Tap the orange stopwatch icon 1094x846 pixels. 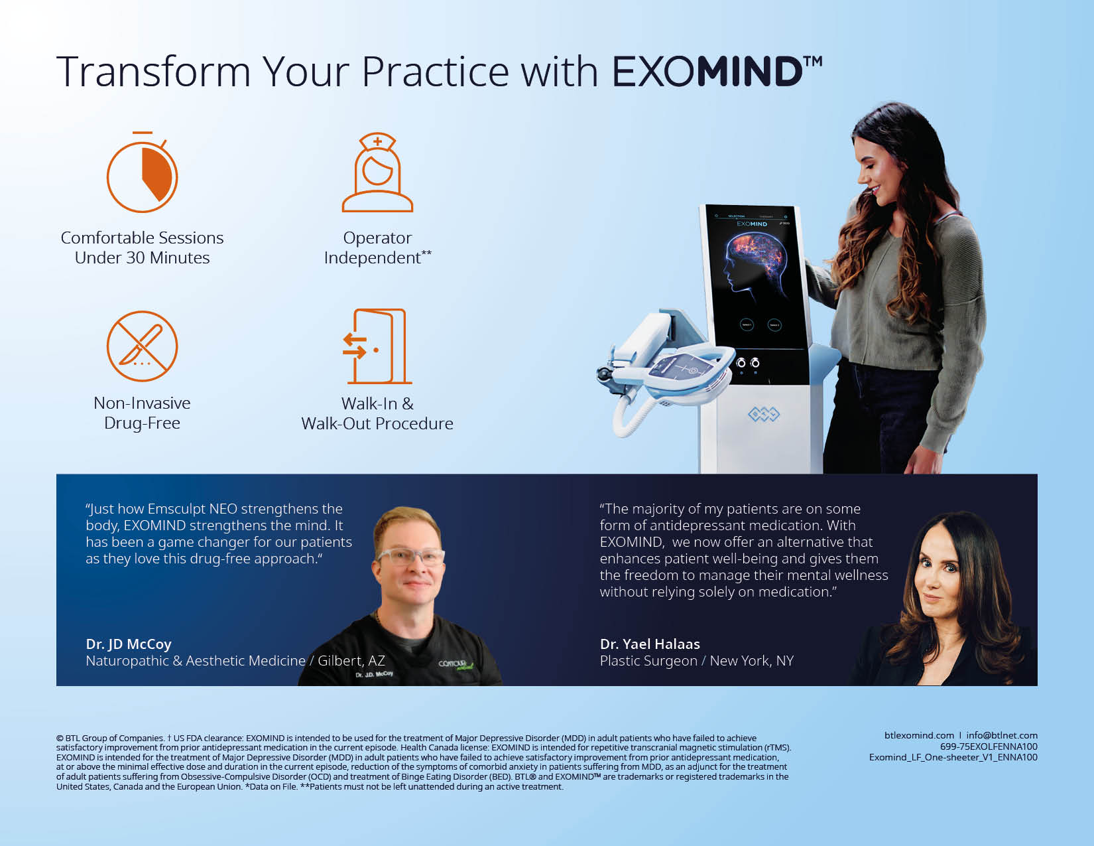(142, 173)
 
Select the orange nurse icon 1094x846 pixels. (377, 173)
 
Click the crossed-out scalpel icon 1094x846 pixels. (142, 346)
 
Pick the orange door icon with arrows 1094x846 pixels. (377, 346)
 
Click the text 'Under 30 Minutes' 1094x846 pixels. (142, 257)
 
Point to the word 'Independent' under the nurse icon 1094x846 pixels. (373, 257)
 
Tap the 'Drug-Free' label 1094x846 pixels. (142, 423)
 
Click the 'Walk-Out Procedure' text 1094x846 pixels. (377, 423)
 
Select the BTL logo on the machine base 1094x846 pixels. (764, 414)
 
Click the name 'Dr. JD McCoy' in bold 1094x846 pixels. (129, 644)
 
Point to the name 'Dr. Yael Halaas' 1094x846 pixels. (650, 644)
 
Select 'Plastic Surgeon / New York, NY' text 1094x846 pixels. (697, 661)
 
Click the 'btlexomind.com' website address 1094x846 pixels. (919, 735)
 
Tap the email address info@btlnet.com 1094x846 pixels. (1002, 735)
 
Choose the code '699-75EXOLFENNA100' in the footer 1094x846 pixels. (989, 746)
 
